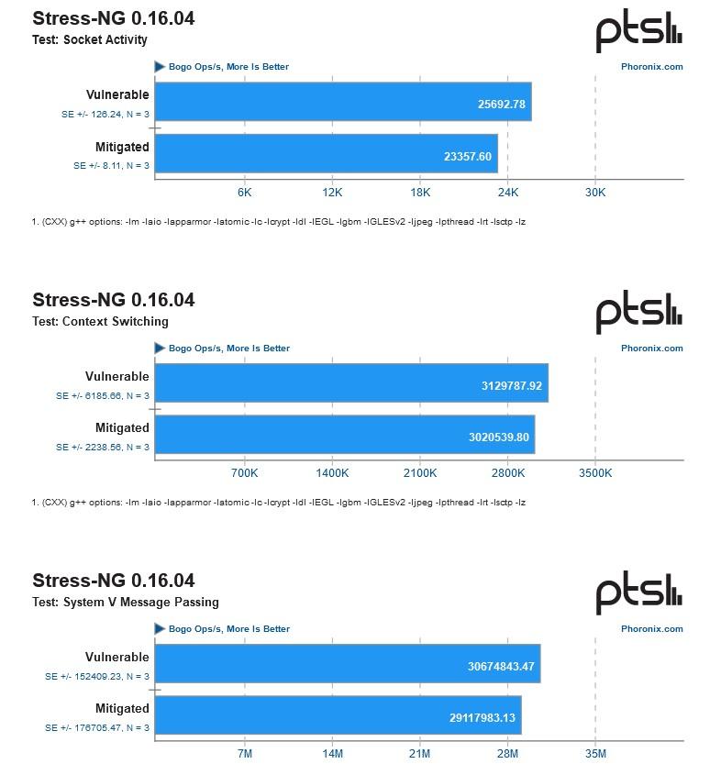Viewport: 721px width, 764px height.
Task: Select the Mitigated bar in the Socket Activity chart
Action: [x=326, y=154]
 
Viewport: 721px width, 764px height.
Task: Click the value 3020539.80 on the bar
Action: [x=498, y=437]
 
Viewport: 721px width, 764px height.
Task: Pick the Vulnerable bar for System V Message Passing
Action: [x=347, y=664]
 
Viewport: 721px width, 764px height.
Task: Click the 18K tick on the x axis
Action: [x=420, y=192]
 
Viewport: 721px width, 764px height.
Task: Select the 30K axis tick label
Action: [x=595, y=192]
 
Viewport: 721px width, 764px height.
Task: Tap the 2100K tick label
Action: [x=420, y=473]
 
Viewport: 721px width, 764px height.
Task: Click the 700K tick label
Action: [x=244, y=473]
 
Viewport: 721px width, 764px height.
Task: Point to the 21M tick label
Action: [x=420, y=753]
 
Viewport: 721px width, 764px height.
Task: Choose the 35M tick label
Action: [x=595, y=753]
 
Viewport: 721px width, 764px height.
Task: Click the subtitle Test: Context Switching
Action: [x=101, y=322]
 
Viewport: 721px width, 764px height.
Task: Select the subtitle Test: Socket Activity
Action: [x=90, y=40]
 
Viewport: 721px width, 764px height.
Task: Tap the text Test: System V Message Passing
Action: [x=126, y=603]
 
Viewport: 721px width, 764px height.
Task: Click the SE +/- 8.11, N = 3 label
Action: [x=111, y=166]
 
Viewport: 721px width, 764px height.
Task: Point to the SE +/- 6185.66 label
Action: [x=102, y=396]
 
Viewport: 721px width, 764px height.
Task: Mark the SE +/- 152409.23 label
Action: [x=97, y=677]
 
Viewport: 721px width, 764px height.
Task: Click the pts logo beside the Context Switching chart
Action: [x=639, y=314]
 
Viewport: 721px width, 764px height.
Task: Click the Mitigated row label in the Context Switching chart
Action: [x=122, y=428]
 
